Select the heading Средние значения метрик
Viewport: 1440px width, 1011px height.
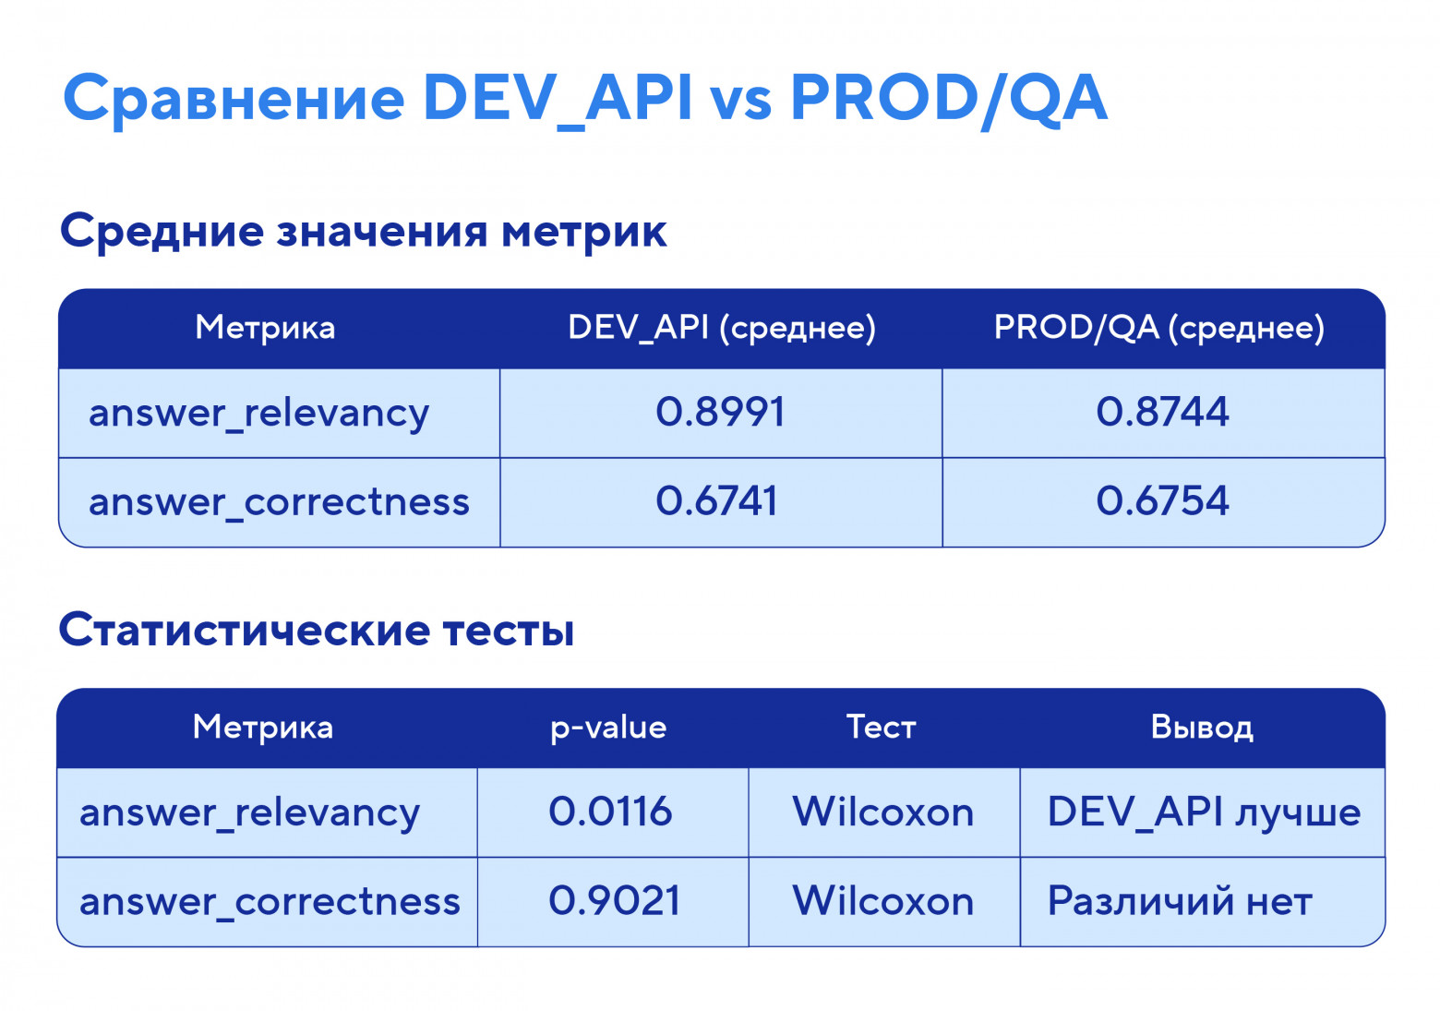click(363, 231)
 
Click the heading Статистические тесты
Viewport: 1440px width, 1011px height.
click(317, 631)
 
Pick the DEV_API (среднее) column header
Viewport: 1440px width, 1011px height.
click(721, 328)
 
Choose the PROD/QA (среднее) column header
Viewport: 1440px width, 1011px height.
click(1158, 328)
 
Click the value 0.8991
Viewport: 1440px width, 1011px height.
click(720, 412)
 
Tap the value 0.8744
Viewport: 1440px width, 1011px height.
click(1162, 412)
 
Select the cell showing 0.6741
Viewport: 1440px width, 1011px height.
click(717, 501)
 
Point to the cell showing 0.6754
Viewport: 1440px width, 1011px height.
click(1162, 501)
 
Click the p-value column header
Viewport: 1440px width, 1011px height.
click(608, 728)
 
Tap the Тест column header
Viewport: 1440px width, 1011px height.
click(882, 728)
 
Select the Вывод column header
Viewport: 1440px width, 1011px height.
click(1202, 728)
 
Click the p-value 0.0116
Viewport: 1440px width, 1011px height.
click(610, 812)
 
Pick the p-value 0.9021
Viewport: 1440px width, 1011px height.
click(614, 901)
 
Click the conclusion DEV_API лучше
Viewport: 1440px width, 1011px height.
click(1204, 812)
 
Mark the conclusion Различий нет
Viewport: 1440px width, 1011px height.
click(1180, 901)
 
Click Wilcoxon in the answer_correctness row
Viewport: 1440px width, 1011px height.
click(883, 901)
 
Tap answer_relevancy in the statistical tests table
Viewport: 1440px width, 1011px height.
click(250, 813)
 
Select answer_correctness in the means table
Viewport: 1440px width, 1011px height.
click(279, 502)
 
